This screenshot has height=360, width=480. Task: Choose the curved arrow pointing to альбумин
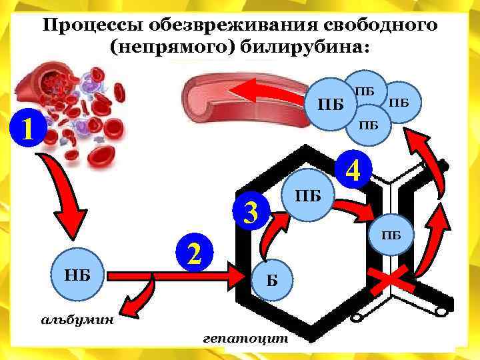tap(143, 297)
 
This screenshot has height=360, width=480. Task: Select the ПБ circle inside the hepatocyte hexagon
tap(308, 196)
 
